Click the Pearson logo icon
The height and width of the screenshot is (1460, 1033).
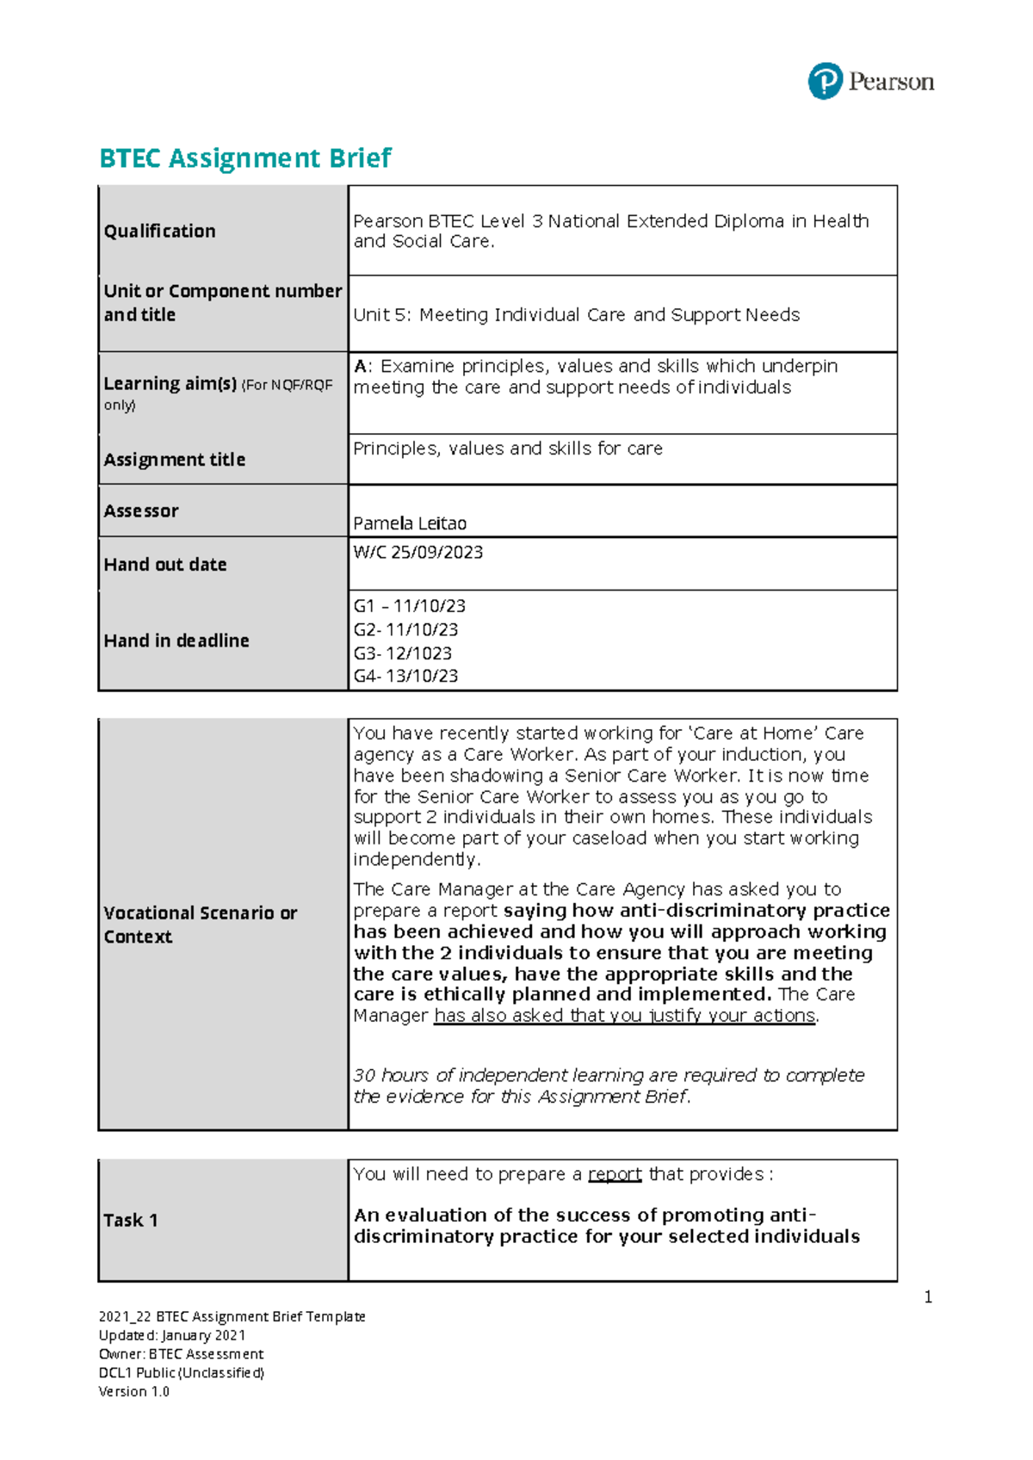coord(825,82)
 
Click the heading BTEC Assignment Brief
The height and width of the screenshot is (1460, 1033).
coord(245,158)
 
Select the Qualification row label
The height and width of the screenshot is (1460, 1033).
coord(159,231)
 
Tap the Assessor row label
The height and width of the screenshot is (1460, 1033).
coord(141,510)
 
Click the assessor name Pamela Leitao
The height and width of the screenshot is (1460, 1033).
coord(410,523)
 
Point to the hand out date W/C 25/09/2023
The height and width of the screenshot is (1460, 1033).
coord(418,553)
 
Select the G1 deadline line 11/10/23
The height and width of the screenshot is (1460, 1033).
coord(410,606)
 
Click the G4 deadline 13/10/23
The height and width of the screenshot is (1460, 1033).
coord(405,676)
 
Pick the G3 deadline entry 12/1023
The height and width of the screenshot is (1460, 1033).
coord(403,653)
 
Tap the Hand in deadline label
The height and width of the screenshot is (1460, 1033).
coord(176,640)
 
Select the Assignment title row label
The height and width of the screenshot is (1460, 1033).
coord(175,460)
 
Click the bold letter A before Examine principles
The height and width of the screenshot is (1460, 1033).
coord(360,366)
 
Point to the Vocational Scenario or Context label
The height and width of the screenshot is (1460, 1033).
coord(200,925)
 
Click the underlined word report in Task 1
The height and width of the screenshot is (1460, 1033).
coord(615,1174)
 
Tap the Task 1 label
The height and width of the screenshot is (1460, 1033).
coord(131,1220)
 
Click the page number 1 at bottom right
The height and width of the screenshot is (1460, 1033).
coord(928,1297)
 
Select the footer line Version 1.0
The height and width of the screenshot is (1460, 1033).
coord(134,1391)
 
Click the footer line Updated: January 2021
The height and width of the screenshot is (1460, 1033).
coord(172,1335)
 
